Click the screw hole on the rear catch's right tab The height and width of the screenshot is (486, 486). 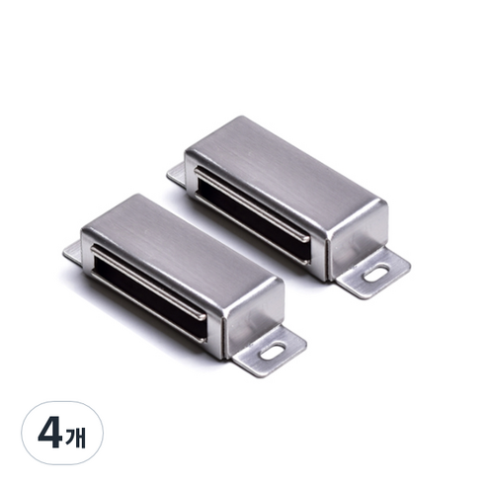click(x=375, y=274)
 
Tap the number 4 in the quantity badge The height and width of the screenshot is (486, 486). click(x=50, y=433)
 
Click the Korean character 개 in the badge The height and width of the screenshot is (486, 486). click(x=75, y=437)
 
